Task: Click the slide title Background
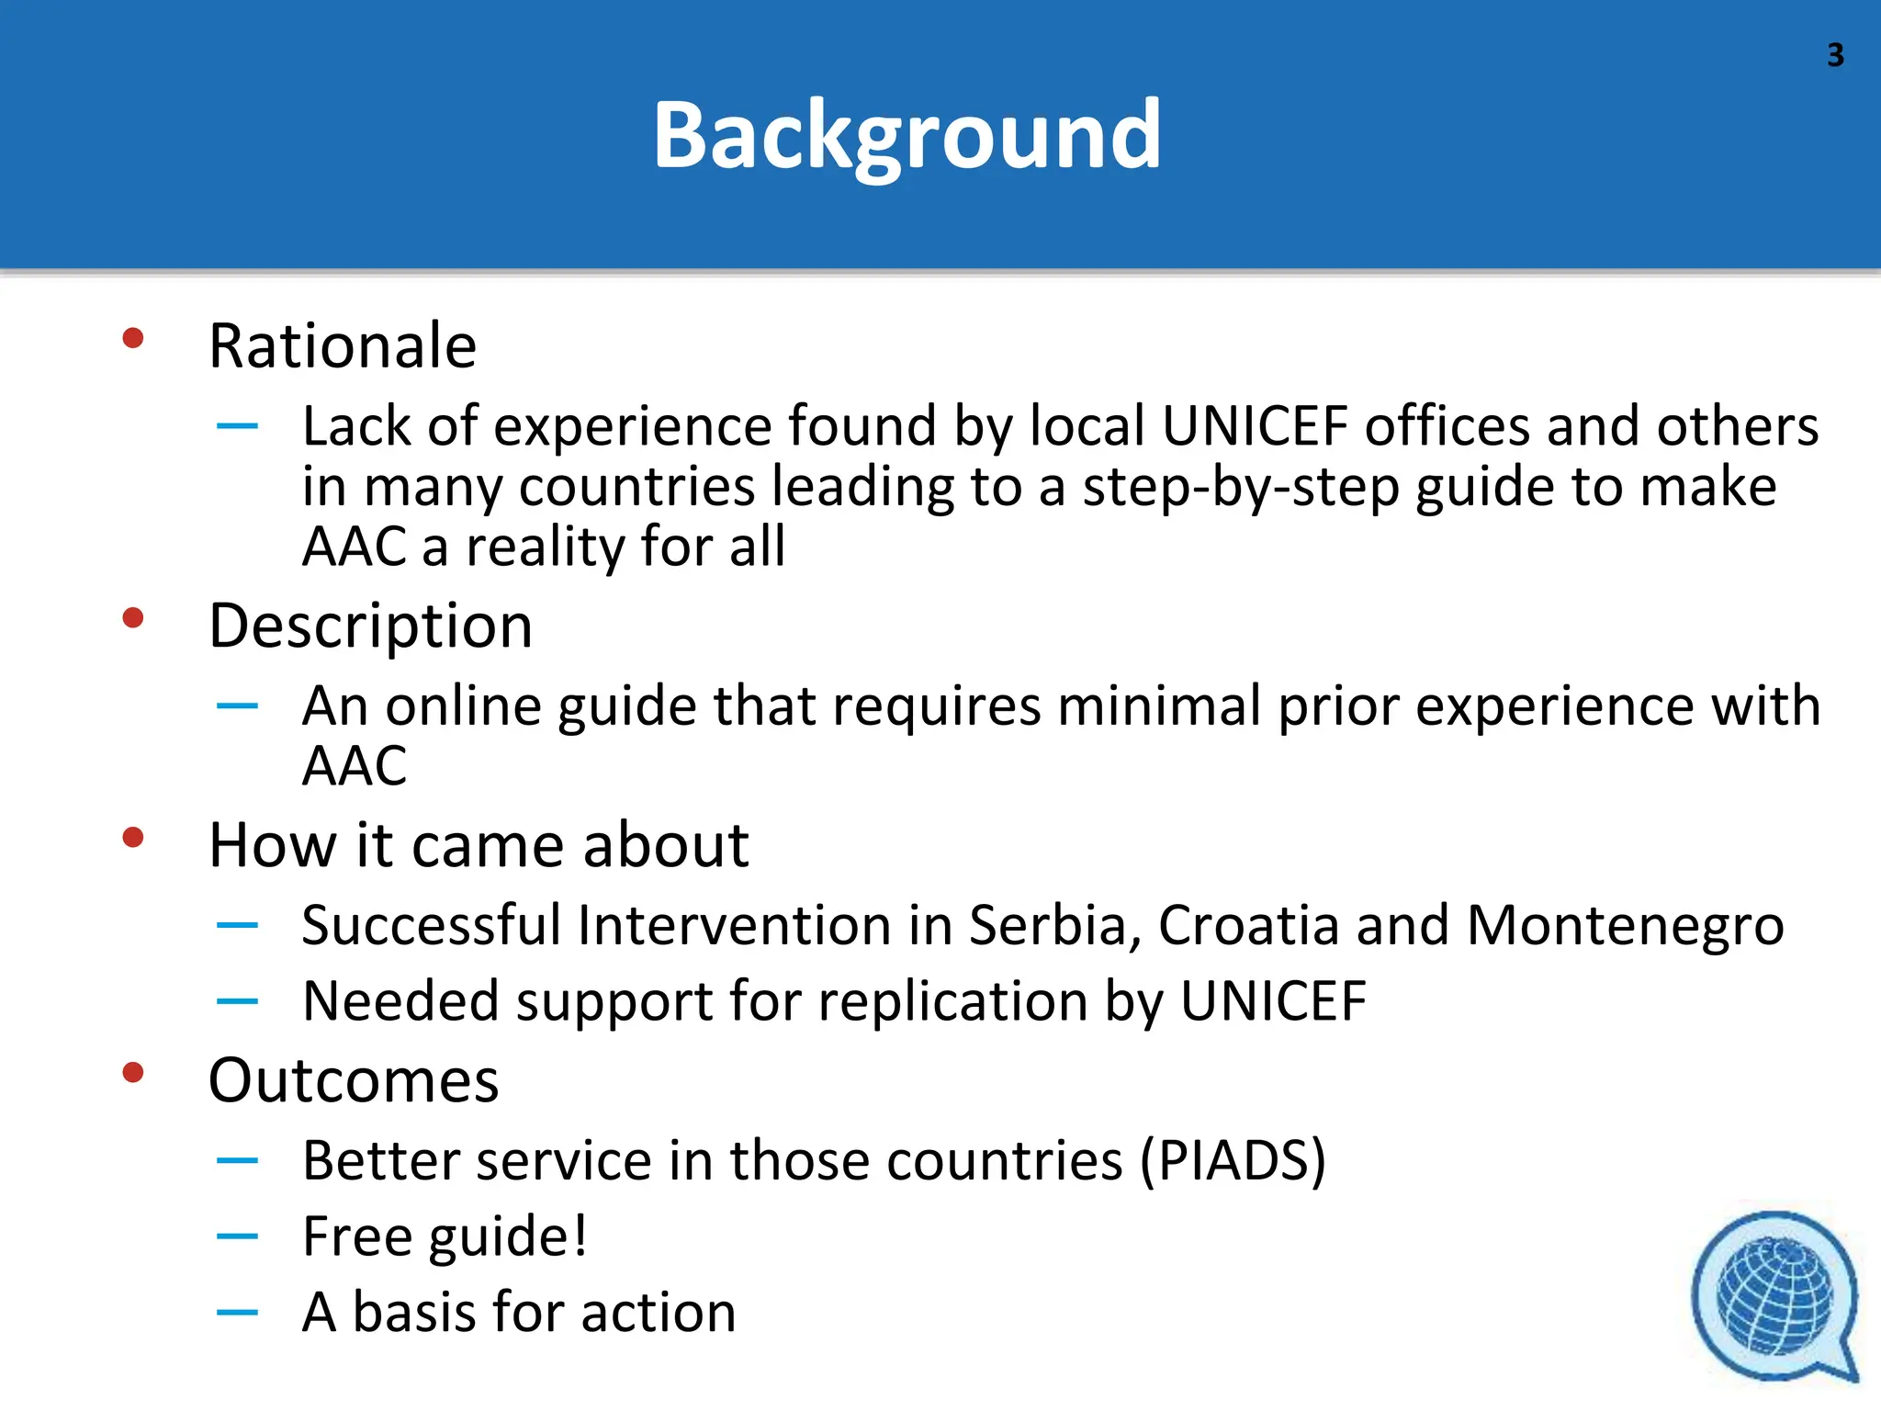point(907,136)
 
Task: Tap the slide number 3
point(1834,56)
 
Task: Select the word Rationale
point(343,346)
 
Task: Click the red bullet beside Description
point(133,618)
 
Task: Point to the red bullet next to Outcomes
point(133,1072)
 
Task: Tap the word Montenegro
point(1625,925)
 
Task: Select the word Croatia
point(1248,925)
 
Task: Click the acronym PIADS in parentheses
point(1233,1161)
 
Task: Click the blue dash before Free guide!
point(237,1236)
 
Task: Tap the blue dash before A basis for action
point(237,1313)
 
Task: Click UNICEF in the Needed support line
point(1273,1001)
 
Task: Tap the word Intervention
point(734,925)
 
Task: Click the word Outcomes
point(354,1080)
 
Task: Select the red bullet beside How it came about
point(133,838)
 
